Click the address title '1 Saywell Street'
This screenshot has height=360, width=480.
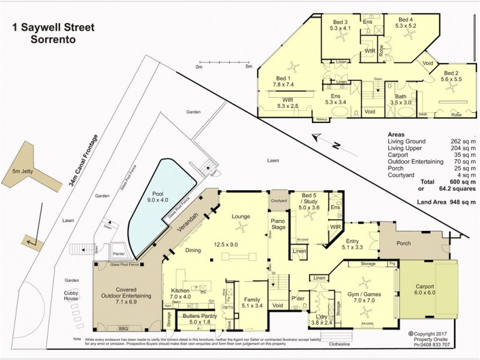click(53, 27)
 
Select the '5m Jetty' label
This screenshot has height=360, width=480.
click(23, 172)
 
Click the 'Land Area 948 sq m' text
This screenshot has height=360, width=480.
click(446, 202)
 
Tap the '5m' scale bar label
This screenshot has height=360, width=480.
click(248, 67)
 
